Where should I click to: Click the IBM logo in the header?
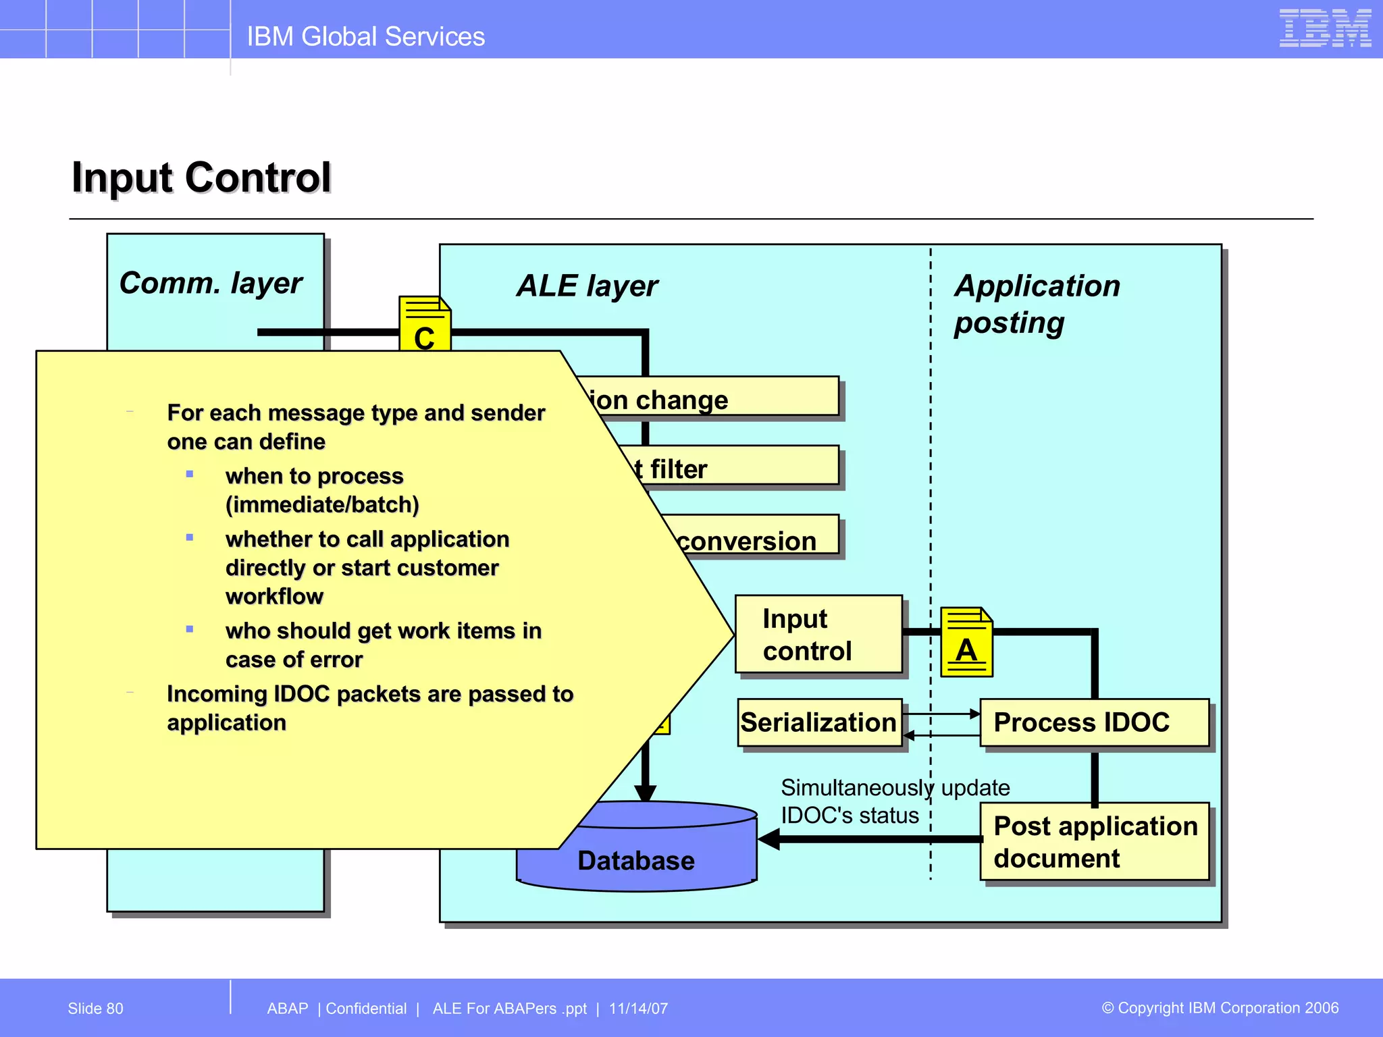pyautogui.click(x=1324, y=28)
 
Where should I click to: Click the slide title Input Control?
pyautogui.click(x=201, y=178)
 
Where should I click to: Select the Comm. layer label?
pyautogui.click(x=211, y=283)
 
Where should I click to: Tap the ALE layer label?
pyautogui.click(x=587, y=286)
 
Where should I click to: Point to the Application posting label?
pyautogui.click(x=1037, y=304)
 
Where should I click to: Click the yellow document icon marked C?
pyautogui.click(x=425, y=324)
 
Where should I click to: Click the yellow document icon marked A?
pyautogui.click(x=966, y=642)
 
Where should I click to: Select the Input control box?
pyautogui.click(x=818, y=634)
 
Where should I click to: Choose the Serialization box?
pyautogui.click(x=818, y=722)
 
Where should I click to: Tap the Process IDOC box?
pyautogui.click(x=1093, y=722)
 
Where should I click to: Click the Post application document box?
pyautogui.click(x=1094, y=841)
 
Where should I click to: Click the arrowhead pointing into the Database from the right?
pyautogui.click(x=769, y=839)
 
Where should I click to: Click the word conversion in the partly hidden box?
pyautogui.click(x=746, y=541)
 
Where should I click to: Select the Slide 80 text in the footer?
pyautogui.click(x=95, y=1008)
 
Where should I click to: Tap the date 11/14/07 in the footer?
pyautogui.click(x=638, y=1008)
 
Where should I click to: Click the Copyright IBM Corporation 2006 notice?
pyautogui.click(x=1220, y=1007)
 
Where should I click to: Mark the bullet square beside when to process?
pyautogui.click(x=190, y=475)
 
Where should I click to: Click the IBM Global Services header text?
pyautogui.click(x=365, y=36)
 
